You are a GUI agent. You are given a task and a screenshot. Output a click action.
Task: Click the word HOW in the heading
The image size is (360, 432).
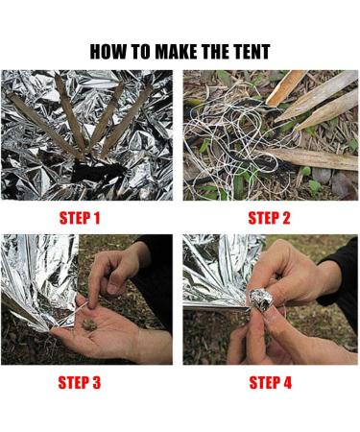[109, 52]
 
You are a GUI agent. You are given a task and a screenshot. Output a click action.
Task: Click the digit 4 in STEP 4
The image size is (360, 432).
[292, 383]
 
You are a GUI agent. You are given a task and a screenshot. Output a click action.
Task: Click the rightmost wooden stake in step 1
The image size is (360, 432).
[134, 110]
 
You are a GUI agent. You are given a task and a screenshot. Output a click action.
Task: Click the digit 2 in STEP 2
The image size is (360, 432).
[291, 218]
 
